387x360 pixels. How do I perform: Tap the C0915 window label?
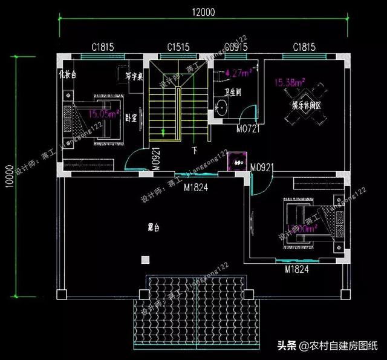tap(236, 46)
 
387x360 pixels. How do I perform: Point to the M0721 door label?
tap(248, 129)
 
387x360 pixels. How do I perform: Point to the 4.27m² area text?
tap(238, 74)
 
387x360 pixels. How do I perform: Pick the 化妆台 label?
tap(68, 74)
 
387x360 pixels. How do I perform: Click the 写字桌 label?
tap(134, 77)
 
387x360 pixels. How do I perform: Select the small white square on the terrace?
tap(145, 260)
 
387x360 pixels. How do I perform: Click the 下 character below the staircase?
tap(194, 149)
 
